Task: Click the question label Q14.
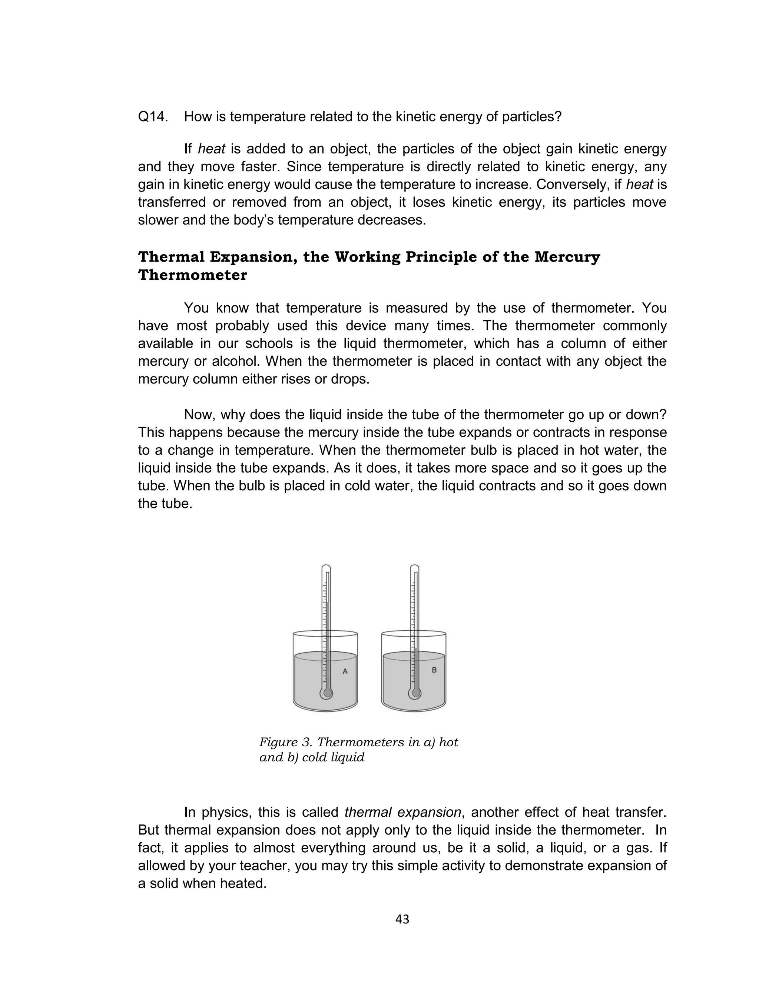[x=152, y=117]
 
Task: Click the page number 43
[x=402, y=919]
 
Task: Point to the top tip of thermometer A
[x=326, y=566]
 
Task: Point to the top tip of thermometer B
[x=414, y=566]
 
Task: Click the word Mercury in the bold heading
[x=567, y=257]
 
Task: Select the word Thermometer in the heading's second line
[x=192, y=275]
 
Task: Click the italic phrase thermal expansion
[x=402, y=812]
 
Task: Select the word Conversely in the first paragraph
[x=571, y=184]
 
